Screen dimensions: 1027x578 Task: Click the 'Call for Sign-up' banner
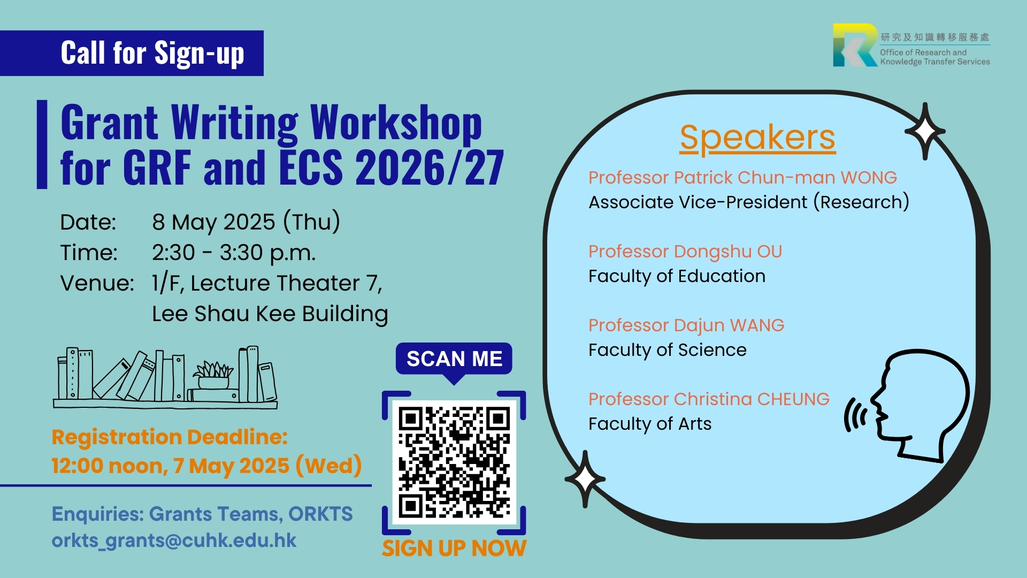(132, 53)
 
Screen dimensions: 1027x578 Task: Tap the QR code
(454, 462)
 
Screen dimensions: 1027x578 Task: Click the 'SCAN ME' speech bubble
(454, 360)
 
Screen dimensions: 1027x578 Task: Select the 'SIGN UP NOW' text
(454, 549)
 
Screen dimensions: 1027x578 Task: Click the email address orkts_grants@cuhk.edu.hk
(174, 541)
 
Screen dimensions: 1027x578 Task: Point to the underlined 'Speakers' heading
(757, 138)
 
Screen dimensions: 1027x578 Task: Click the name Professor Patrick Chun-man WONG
(742, 177)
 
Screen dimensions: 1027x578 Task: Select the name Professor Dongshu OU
(685, 252)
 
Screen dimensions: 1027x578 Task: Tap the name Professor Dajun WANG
(686, 325)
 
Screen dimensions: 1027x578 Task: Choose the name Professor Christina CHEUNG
(709, 399)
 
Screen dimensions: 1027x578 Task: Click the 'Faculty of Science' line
(668, 350)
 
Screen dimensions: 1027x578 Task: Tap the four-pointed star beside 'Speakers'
(925, 131)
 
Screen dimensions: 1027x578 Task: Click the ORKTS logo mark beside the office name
(855, 45)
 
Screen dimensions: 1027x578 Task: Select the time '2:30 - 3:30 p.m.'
(234, 253)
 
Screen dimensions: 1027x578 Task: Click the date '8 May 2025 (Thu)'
(246, 222)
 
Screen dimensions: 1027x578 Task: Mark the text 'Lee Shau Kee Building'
(270, 314)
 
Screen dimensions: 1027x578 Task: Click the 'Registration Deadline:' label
(170, 437)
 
